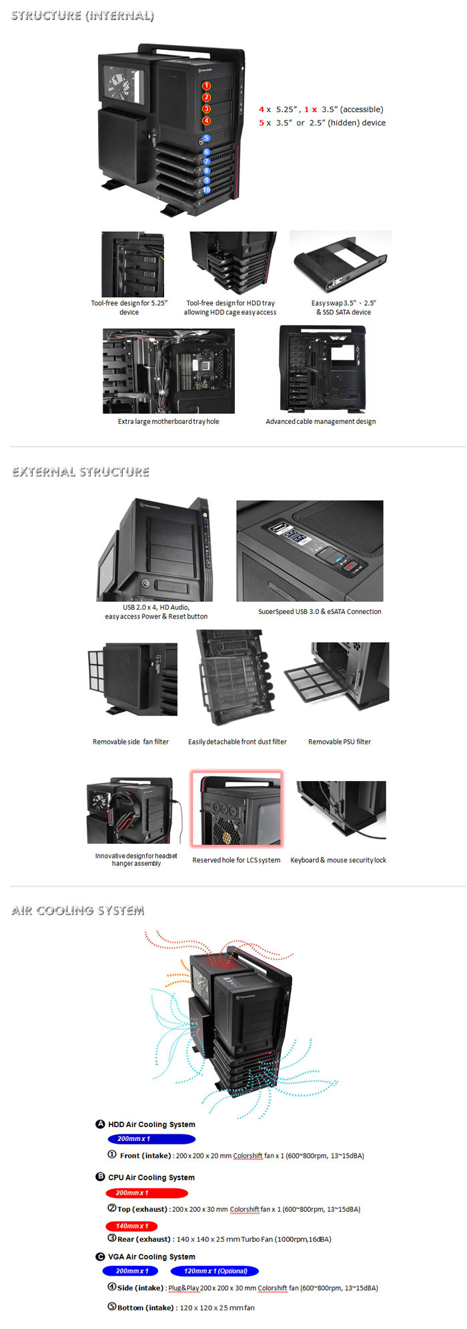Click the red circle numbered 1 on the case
point(206,86)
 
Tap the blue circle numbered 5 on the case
point(206,139)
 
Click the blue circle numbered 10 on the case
point(206,190)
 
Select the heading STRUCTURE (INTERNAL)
point(83,16)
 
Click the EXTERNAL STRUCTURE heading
point(81,472)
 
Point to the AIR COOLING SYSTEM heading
point(78,910)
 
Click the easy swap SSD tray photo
point(340,263)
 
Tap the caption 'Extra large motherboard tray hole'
point(168,421)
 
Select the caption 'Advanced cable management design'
point(320,421)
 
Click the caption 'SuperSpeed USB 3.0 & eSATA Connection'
point(320,611)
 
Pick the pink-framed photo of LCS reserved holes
point(236,809)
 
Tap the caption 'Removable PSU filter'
point(339,741)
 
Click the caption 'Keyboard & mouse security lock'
point(338,860)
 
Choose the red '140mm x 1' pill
point(131,1226)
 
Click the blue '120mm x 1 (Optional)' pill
point(215,1271)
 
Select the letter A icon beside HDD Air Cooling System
point(101,1124)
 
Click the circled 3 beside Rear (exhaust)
point(112,1238)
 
